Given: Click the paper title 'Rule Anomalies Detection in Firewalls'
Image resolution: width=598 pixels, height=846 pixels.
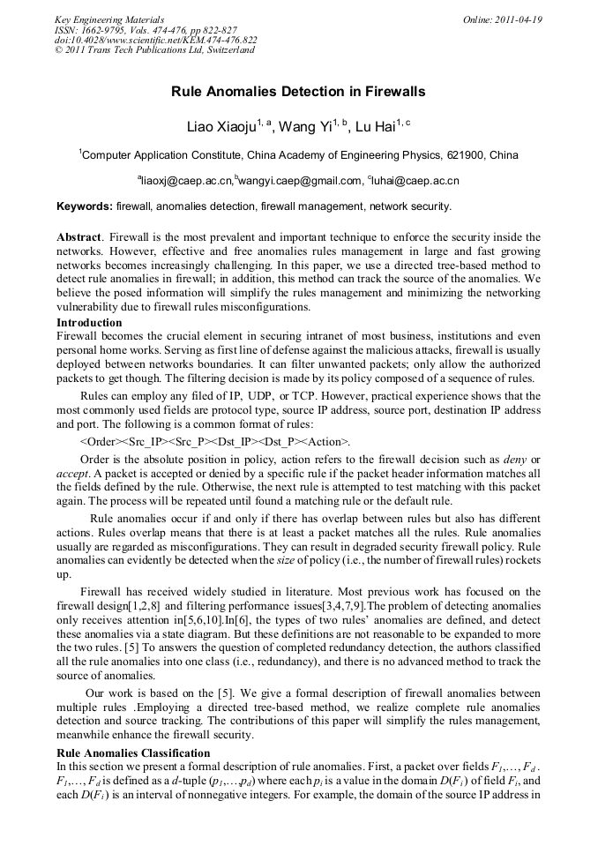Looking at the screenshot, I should coord(298,91).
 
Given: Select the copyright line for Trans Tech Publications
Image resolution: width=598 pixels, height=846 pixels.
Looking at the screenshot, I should coord(154,49).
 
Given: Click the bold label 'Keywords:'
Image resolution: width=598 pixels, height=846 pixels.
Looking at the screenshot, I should coord(85,206).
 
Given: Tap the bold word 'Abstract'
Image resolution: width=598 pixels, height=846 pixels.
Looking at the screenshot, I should coord(78,237).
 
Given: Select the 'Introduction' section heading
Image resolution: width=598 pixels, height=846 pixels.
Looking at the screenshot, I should coord(89,323).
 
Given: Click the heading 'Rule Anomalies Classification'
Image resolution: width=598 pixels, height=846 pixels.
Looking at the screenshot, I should coord(133,752).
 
